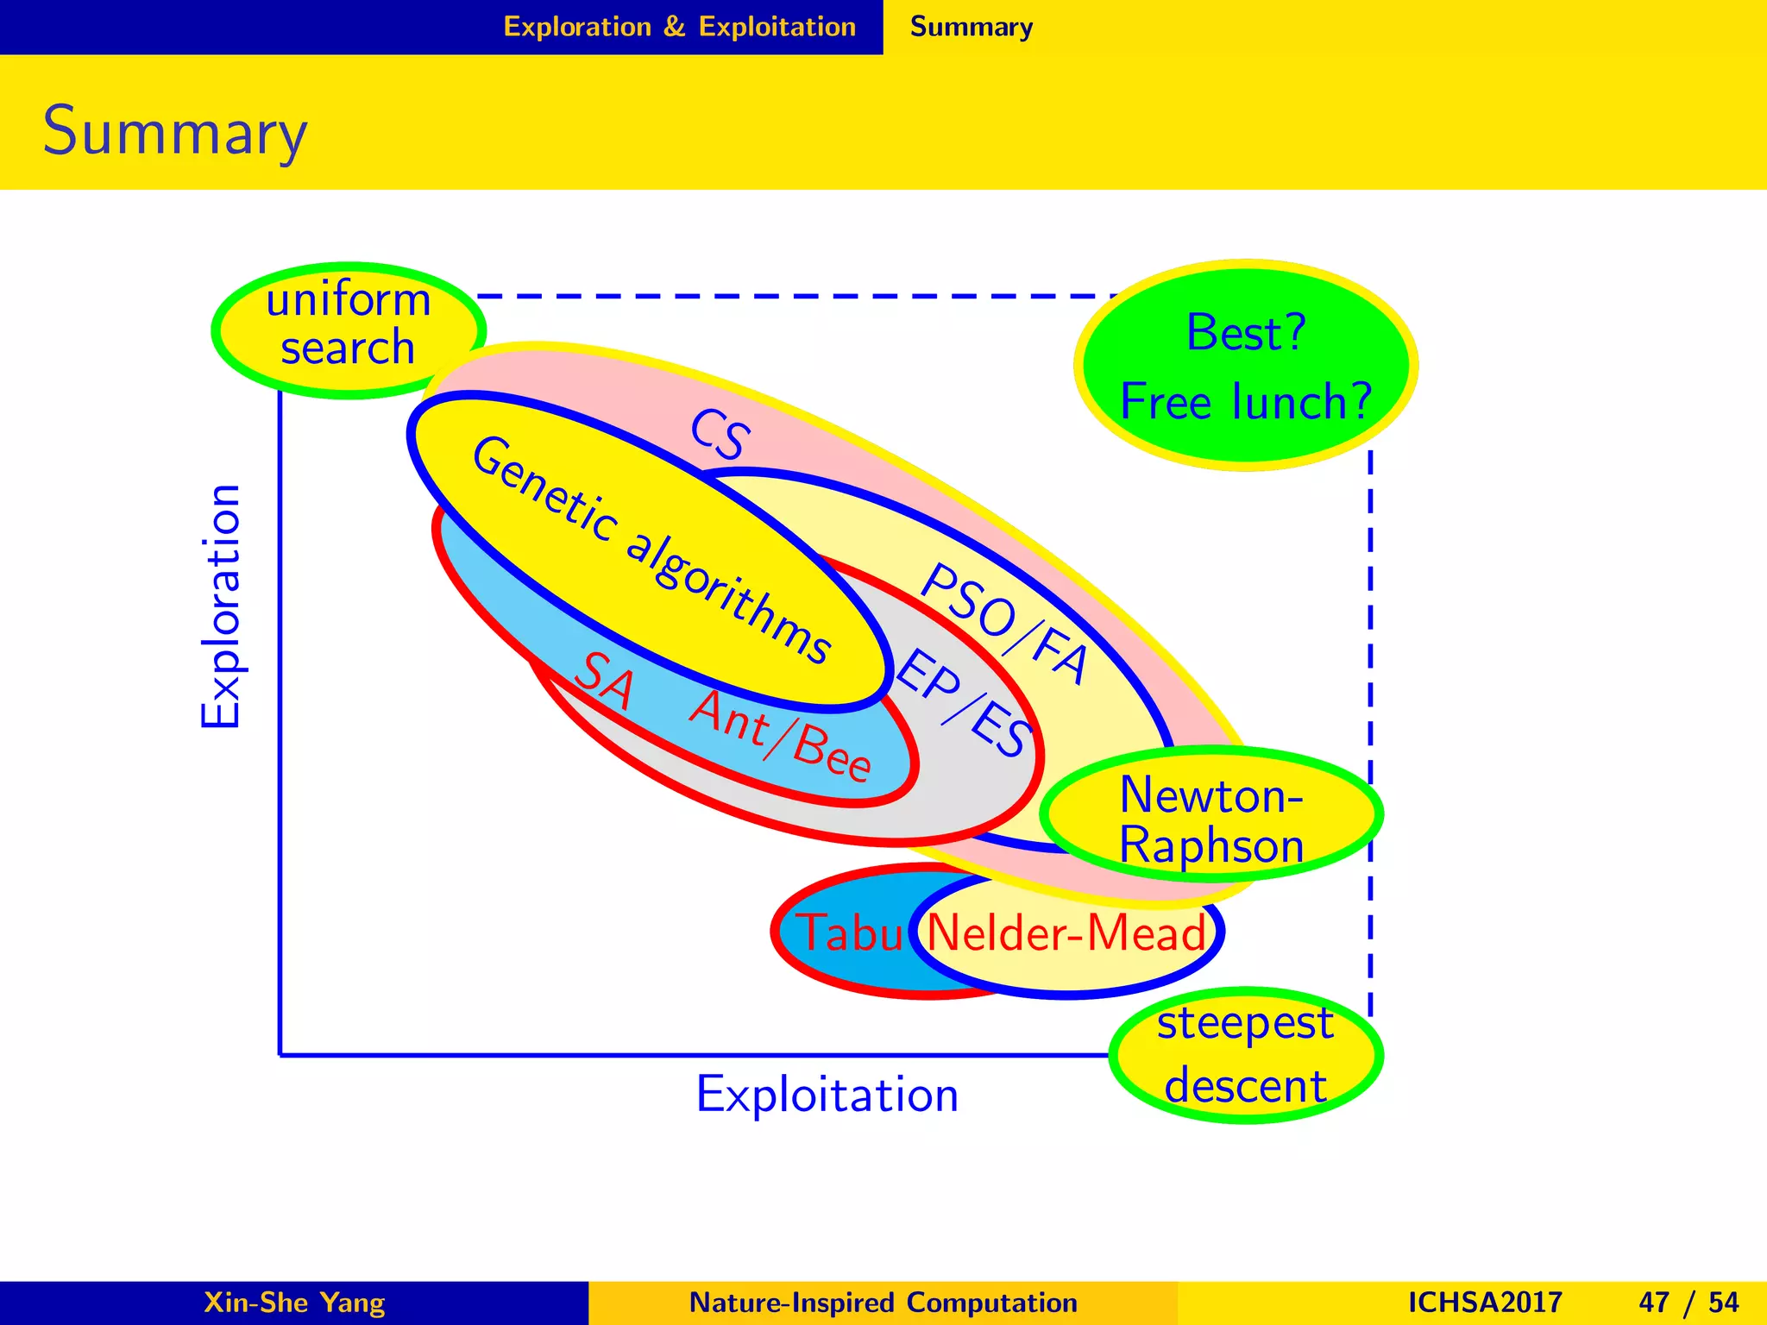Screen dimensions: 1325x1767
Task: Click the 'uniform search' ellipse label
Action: (349, 325)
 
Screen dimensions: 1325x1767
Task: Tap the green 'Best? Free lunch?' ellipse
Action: (1245, 366)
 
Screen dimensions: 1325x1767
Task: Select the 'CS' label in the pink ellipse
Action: (719, 434)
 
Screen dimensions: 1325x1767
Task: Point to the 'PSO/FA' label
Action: (1003, 623)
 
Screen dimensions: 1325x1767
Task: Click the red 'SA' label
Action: (604, 681)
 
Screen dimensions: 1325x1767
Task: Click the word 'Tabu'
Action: (849, 933)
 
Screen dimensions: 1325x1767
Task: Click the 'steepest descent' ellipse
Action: (1245, 1055)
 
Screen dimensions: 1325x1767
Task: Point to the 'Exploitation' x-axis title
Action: (827, 1095)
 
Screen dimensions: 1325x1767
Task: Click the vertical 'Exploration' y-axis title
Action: (221, 606)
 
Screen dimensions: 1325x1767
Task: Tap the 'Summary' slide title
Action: (175, 132)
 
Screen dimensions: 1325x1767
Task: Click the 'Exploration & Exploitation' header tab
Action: (679, 27)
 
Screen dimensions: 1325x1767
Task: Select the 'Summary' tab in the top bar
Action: (972, 27)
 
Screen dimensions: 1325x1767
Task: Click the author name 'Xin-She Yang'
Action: (294, 1302)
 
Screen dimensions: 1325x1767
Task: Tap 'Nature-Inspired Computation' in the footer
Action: (883, 1302)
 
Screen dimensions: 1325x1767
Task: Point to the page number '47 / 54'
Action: (1688, 1302)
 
